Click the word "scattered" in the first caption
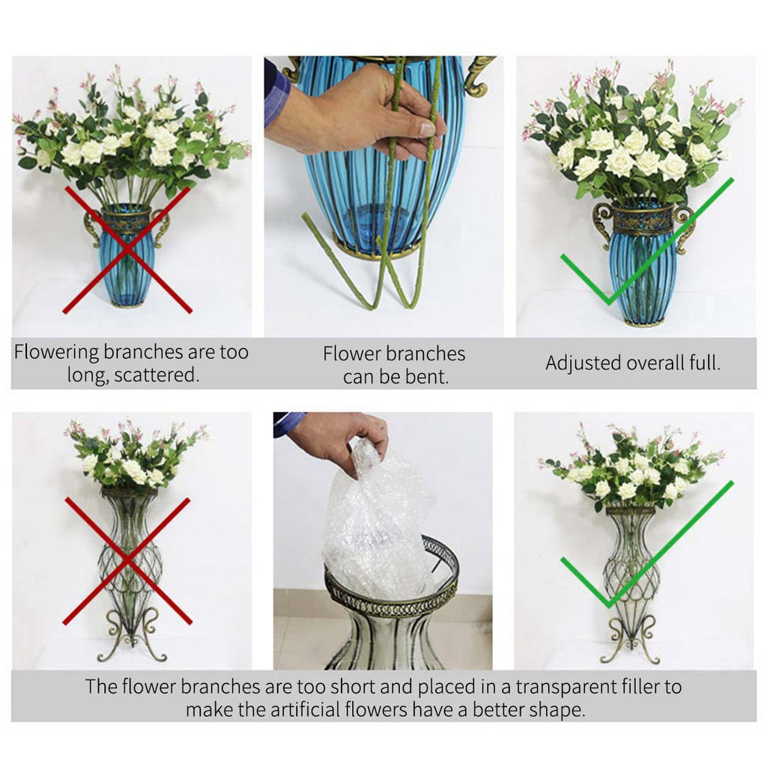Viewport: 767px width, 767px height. pos(158,375)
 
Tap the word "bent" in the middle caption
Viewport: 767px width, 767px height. pos(428,377)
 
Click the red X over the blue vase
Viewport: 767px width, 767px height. pos(127,250)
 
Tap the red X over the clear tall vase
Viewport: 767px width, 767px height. pos(127,560)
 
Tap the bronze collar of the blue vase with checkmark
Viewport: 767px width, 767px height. pos(643,219)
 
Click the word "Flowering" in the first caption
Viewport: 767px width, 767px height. pos(58,352)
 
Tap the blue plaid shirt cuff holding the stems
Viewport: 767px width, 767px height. pos(277,94)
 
